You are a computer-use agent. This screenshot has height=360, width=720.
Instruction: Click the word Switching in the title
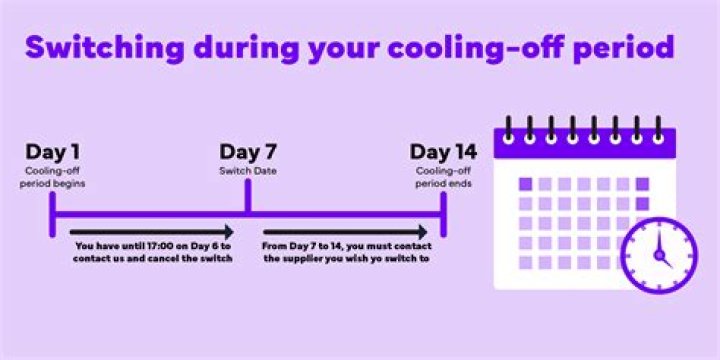click(x=101, y=48)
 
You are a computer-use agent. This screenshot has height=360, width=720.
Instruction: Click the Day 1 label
click(x=54, y=153)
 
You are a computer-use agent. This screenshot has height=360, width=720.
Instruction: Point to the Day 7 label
click(x=248, y=153)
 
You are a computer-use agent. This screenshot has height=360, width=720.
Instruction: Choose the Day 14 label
click(x=443, y=153)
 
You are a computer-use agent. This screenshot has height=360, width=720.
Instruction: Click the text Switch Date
click(x=248, y=172)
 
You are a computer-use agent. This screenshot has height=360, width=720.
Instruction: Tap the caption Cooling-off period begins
click(x=53, y=178)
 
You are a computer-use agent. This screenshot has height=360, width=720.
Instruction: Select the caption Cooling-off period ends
click(x=443, y=178)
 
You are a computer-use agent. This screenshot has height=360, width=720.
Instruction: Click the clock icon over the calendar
click(x=658, y=253)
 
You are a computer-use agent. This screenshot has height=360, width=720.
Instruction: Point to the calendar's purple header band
click(x=586, y=146)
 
